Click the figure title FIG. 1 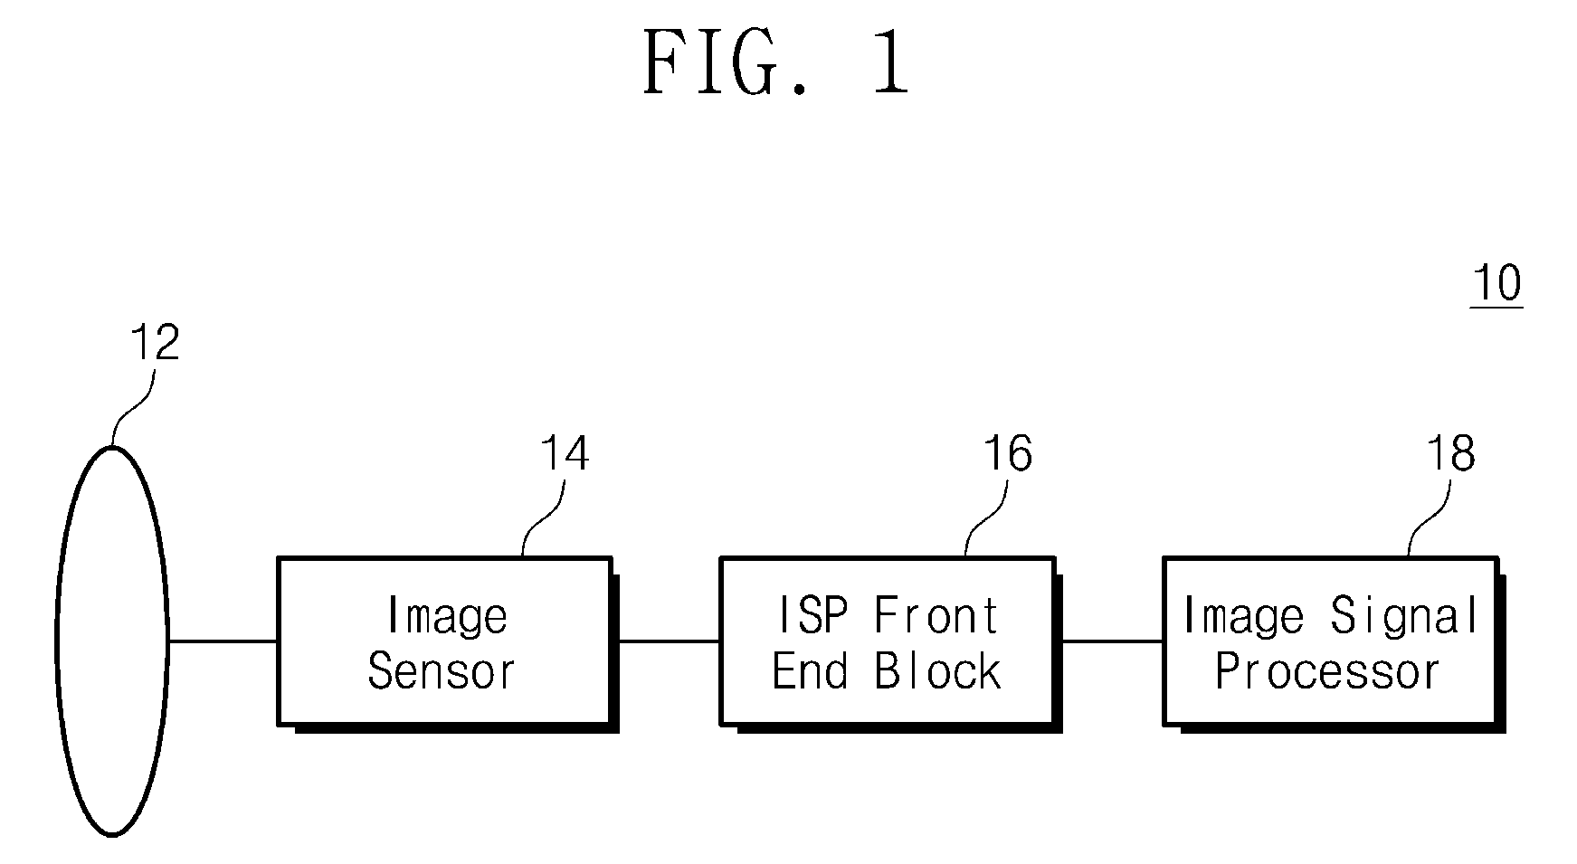pyautogui.click(x=776, y=62)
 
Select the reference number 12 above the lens pyautogui.click(x=155, y=343)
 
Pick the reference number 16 pyautogui.click(x=1007, y=453)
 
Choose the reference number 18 pyautogui.click(x=1450, y=453)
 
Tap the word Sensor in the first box pyautogui.click(x=442, y=672)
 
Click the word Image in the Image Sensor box pyautogui.click(x=447, y=616)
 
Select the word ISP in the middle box pyautogui.click(x=812, y=616)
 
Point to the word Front pyautogui.click(x=936, y=616)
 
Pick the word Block pyautogui.click(x=937, y=672)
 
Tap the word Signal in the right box pyautogui.click(x=1404, y=616)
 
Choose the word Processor pyautogui.click(x=1326, y=672)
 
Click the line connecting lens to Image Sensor pyautogui.click(x=223, y=641)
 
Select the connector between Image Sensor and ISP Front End pyautogui.click(x=669, y=641)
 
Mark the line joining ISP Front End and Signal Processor pyautogui.click(x=1112, y=641)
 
